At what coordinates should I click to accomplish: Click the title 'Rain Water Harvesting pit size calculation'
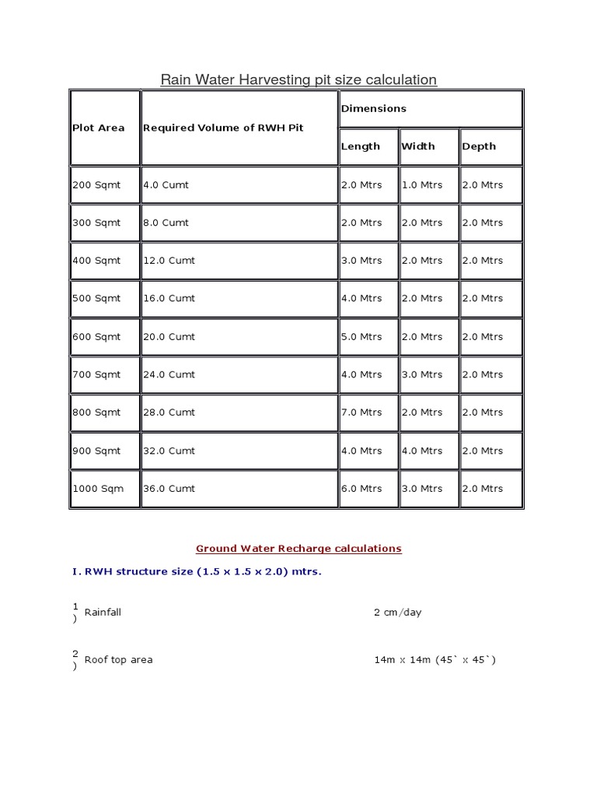298,79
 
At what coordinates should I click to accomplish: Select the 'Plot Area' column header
99,128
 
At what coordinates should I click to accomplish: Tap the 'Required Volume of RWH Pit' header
223,128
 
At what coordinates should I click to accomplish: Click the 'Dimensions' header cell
374,109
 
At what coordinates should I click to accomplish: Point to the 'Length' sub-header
361,146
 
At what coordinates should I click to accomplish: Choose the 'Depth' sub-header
479,146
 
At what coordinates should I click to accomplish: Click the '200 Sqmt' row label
96,185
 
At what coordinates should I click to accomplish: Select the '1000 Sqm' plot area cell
98,489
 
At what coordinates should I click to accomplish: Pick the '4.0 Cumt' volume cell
166,185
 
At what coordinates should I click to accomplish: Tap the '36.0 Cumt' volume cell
169,489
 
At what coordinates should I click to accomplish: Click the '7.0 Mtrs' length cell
361,413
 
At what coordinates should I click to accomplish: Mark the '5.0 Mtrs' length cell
361,337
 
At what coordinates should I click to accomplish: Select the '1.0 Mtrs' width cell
422,185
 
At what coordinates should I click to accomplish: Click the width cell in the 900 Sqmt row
422,451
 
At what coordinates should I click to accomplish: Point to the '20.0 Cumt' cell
169,337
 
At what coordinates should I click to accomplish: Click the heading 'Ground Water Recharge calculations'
298,549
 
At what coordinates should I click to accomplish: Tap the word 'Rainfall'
103,613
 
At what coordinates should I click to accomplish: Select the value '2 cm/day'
397,613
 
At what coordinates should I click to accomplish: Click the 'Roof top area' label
118,660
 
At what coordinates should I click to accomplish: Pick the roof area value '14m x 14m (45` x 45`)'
435,660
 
